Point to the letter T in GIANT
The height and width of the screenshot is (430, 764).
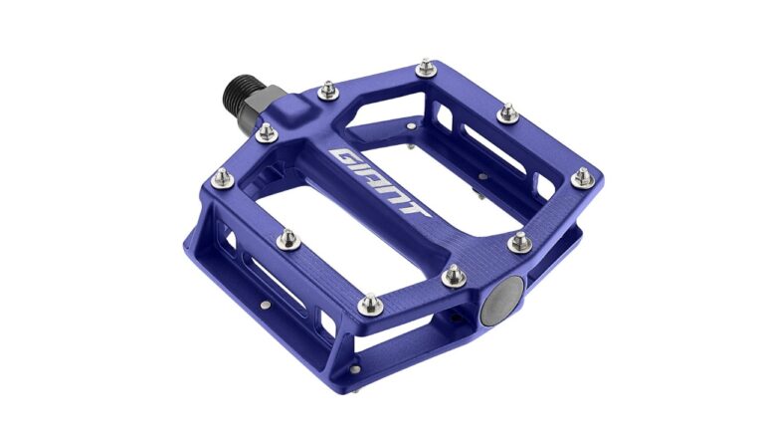click(417, 210)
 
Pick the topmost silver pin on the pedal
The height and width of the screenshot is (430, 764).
click(427, 67)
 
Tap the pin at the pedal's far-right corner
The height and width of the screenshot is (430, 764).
click(582, 178)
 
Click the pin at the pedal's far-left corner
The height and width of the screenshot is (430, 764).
click(224, 178)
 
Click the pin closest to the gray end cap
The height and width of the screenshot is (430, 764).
click(453, 275)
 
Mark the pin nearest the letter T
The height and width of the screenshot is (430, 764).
click(519, 242)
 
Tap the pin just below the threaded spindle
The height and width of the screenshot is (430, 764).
click(266, 131)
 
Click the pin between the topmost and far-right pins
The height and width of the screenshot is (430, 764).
click(508, 112)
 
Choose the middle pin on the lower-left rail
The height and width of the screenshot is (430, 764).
click(287, 238)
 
